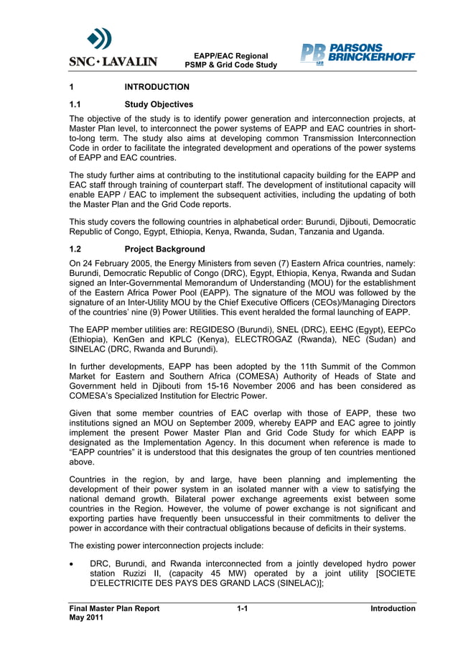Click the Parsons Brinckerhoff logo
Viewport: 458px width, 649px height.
[357, 54]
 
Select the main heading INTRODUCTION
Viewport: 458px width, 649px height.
[156, 87]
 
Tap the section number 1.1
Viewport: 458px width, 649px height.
[76, 104]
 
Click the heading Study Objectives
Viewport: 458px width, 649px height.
[158, 104]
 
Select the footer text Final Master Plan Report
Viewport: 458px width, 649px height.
[114, 609]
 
